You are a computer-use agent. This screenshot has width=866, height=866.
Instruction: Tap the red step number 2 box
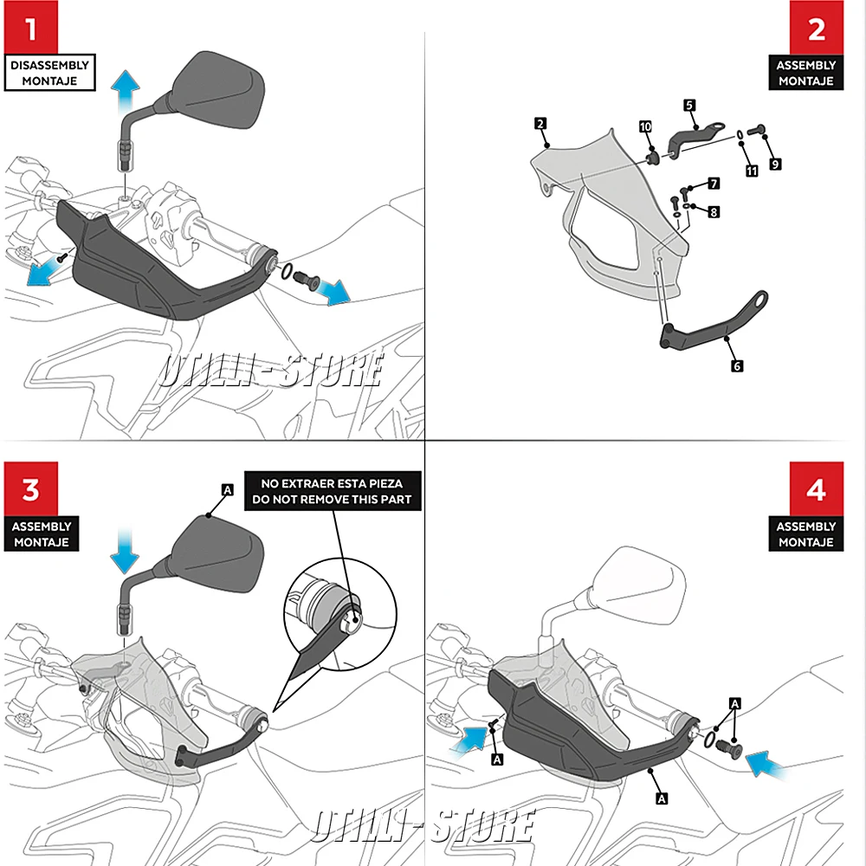817,29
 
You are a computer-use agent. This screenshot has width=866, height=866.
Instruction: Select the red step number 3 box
31,490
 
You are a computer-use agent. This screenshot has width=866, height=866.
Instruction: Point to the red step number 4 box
817,490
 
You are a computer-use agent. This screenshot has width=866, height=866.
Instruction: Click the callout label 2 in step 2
540,125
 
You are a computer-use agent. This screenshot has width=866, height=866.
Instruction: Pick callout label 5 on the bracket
689,105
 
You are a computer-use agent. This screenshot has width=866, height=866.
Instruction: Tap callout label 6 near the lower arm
737,366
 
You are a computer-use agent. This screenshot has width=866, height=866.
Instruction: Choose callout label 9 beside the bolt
774,164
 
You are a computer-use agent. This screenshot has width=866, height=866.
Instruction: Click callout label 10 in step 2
645,127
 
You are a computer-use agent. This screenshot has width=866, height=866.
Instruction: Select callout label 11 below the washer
752,171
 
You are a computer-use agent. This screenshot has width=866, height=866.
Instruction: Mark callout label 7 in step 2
714,184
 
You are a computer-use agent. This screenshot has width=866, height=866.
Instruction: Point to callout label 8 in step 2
714,211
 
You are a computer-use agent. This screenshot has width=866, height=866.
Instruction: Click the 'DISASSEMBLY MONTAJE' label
49,73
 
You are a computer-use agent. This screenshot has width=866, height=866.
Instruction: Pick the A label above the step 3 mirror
228,490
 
